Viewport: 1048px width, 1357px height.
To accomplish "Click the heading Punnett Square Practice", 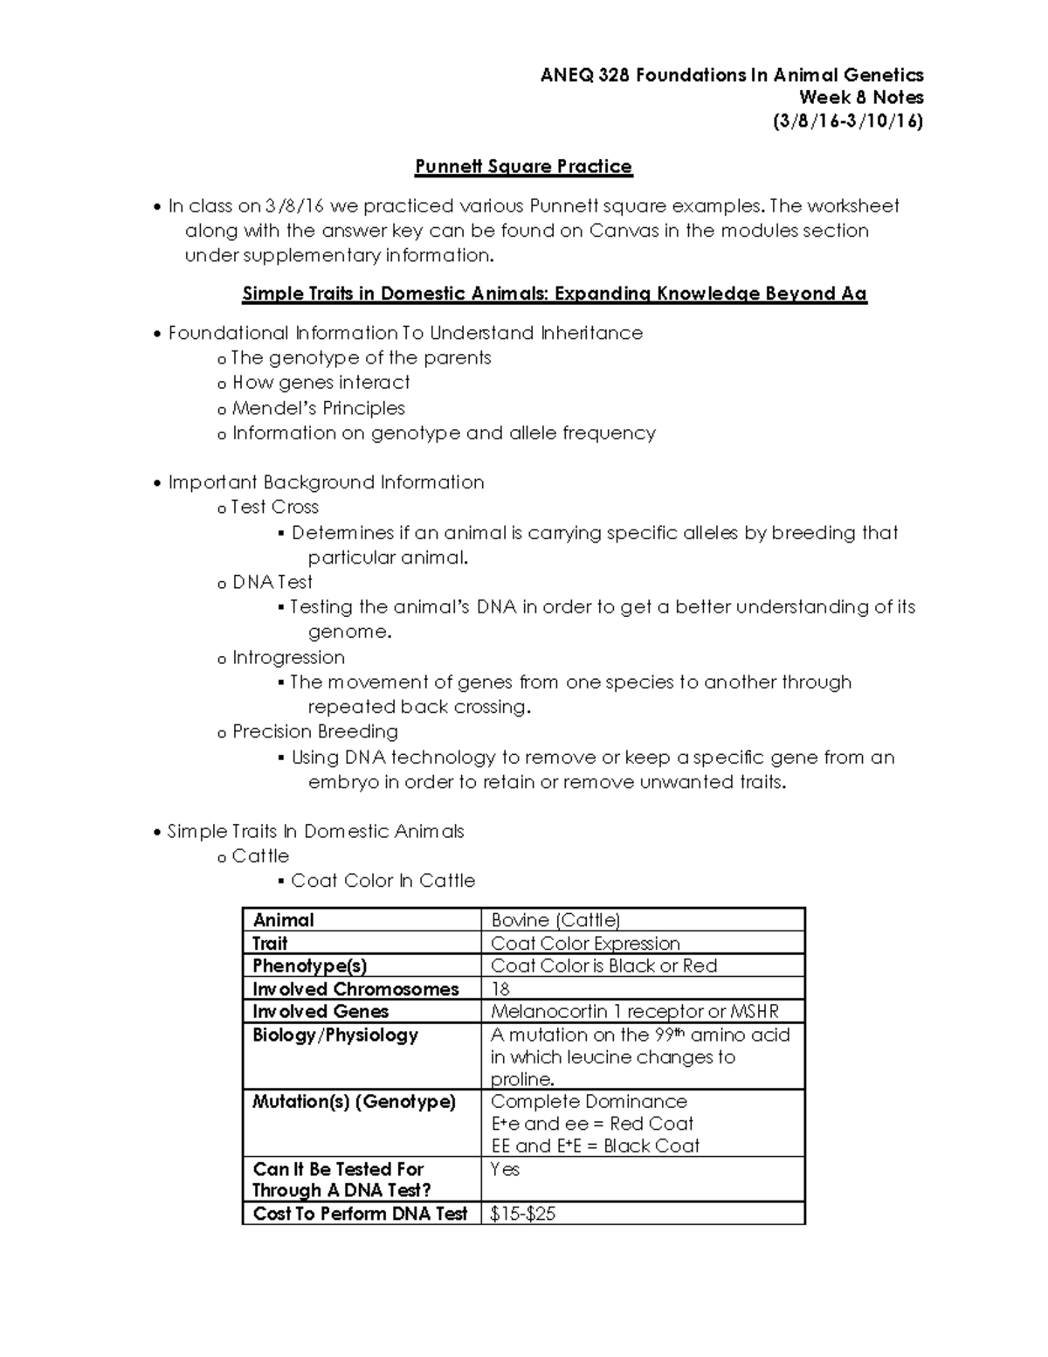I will click(x=523, y=166).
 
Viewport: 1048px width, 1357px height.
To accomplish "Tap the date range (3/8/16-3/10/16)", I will click(x=847, y=121).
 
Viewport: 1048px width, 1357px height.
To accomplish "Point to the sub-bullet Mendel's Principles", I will click(x=318, y=408).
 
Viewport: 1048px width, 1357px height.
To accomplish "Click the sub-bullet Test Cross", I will click(x=274, y=507).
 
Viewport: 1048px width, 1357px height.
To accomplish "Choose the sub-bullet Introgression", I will click(x=288, y=657).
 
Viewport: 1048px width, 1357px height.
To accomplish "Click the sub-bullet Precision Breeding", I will click(x=314, y=731).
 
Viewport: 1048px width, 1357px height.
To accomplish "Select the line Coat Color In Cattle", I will click(x=383, y=881).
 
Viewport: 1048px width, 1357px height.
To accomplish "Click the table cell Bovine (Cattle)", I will click(x=555, y=920).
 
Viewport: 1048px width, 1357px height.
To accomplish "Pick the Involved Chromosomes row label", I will click(x=355, y=989).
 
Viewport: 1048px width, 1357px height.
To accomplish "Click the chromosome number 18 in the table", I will click(x=500, y=989).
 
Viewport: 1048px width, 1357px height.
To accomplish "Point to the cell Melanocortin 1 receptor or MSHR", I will click(x=634, y=1012).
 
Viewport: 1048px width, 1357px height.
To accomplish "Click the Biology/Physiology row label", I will click(x=335, y=1035).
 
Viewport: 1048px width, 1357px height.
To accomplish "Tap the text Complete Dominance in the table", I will click(x=589, y=1102).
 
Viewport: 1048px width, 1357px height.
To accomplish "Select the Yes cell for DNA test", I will click(x=505, y=1169).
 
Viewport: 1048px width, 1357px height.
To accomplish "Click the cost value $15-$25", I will click(x=523, y=1214).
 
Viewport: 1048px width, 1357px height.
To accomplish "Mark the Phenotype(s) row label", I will click(x=309, y=966).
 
